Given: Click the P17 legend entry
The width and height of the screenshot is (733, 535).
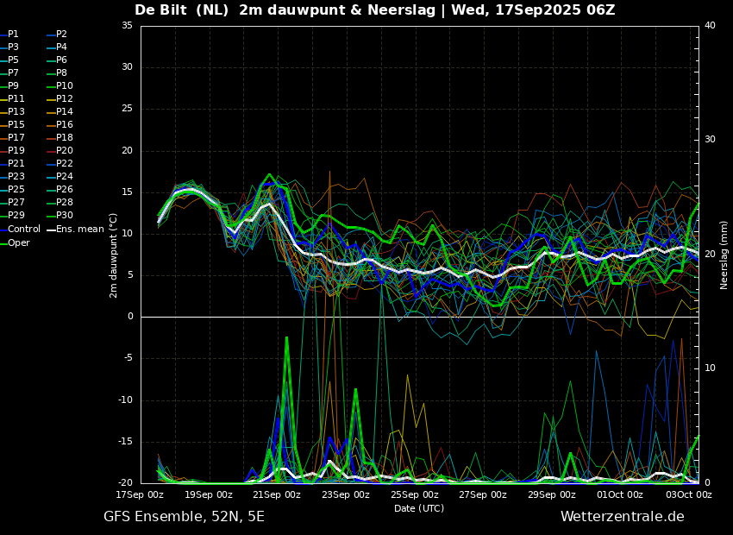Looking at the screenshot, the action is pyautogui.click(x=13, y=137).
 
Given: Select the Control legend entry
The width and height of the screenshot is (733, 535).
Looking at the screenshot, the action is pyautogui.click(x=20, y=230).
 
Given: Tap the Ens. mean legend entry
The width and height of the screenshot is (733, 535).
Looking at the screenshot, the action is pyautogui.click(x=76, y=230).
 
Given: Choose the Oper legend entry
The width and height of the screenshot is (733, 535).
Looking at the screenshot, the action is pyautogui.click(x=15, y=242).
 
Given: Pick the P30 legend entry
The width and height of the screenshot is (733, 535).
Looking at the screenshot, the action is pyautogui.click(x=60, y=215).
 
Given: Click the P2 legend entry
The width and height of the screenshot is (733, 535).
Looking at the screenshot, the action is pyautogui.click(x=58, y=35).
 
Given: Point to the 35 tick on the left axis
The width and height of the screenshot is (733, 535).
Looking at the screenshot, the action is pyautogui.click(x=127, y=25).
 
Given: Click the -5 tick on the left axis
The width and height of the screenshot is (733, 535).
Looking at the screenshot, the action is pyautogui.click(x=127, y=358).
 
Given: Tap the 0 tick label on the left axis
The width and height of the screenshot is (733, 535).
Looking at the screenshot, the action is pyautogui.click(x=130, y=317).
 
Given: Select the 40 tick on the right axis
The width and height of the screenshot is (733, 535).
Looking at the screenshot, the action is pyautogui.click(x=710, y=25).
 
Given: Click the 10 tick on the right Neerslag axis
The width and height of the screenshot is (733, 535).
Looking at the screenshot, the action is pyautogui.click(x=710, y=368).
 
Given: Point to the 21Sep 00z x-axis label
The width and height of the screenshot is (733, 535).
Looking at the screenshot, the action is pyautogui.click(x=277, y=494).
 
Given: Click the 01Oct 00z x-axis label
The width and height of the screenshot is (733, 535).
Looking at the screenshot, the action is pyautogui.click(x=620, y=494).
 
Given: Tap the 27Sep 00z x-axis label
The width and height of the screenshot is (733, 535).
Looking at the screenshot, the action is pyautogui.click(x=483, y=494).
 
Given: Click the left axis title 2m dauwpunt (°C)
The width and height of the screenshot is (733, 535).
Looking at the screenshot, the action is pyautogui.click(x=114, y=255).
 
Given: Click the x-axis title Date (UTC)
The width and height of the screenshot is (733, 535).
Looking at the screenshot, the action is pyautogui.click(x=419, y=508).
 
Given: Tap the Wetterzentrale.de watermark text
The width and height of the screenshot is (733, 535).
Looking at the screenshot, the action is pyautogui.click(x=623, y=517).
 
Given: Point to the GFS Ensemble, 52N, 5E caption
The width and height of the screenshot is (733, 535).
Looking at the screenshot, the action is pyautogui.click(x=184, y=517).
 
